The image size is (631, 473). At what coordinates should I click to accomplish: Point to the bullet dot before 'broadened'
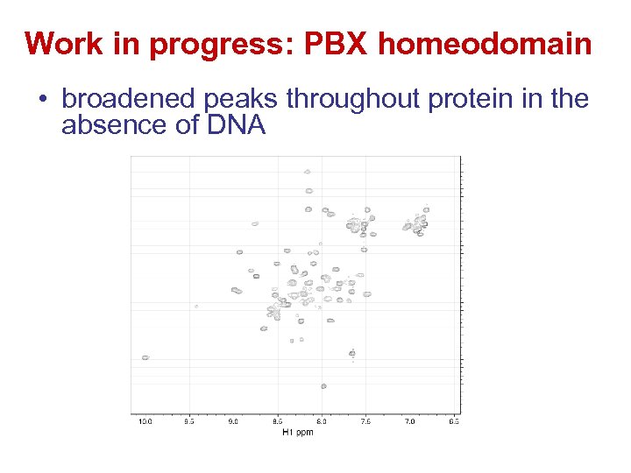pos(43,101)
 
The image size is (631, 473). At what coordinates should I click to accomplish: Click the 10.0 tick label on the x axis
pos(145,421)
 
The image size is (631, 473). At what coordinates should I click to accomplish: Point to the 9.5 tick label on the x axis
pos(189,421)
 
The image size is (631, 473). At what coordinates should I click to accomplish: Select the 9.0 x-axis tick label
pos(233,421)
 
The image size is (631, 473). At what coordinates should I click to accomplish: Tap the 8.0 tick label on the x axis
pos(322,421)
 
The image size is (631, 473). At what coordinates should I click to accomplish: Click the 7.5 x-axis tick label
pos(365,421)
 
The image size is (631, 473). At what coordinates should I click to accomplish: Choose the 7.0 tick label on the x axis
pos(409,421)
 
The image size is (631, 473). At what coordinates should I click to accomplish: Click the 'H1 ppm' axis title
pos(298,432)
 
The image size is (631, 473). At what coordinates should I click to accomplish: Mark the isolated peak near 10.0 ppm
pos(145,357)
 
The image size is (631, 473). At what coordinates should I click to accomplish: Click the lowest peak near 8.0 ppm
pos(323,385)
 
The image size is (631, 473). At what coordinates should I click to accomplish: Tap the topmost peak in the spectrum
pos(307,172)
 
